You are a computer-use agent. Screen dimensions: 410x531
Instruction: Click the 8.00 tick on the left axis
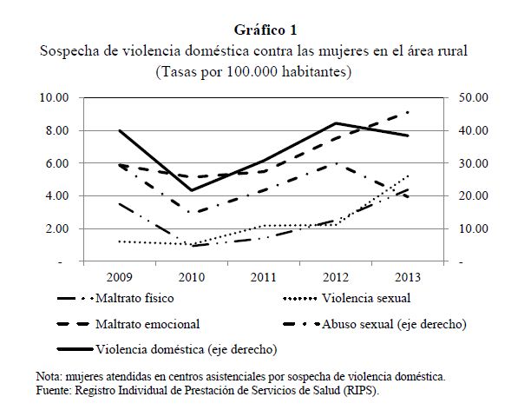point(54,130)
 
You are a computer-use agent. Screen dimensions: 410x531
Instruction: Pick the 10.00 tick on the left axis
point(51,97)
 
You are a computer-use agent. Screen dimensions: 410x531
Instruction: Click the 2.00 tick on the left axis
point(54,228)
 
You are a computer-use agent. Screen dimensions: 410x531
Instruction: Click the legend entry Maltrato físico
point(135,300)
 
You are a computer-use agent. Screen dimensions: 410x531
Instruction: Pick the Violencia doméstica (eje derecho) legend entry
point(187,350)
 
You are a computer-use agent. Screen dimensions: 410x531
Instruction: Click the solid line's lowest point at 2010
point(191,190)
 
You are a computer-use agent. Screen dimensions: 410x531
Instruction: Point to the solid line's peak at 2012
point(336,123)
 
